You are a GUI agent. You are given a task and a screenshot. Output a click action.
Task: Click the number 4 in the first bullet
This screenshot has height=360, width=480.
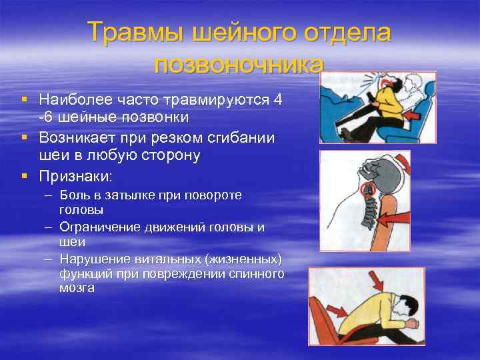[278, 100]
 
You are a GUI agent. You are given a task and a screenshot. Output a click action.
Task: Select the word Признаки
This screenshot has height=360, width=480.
[75, 177]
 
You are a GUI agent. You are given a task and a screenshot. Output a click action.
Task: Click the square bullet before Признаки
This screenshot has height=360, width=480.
[24, 177]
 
